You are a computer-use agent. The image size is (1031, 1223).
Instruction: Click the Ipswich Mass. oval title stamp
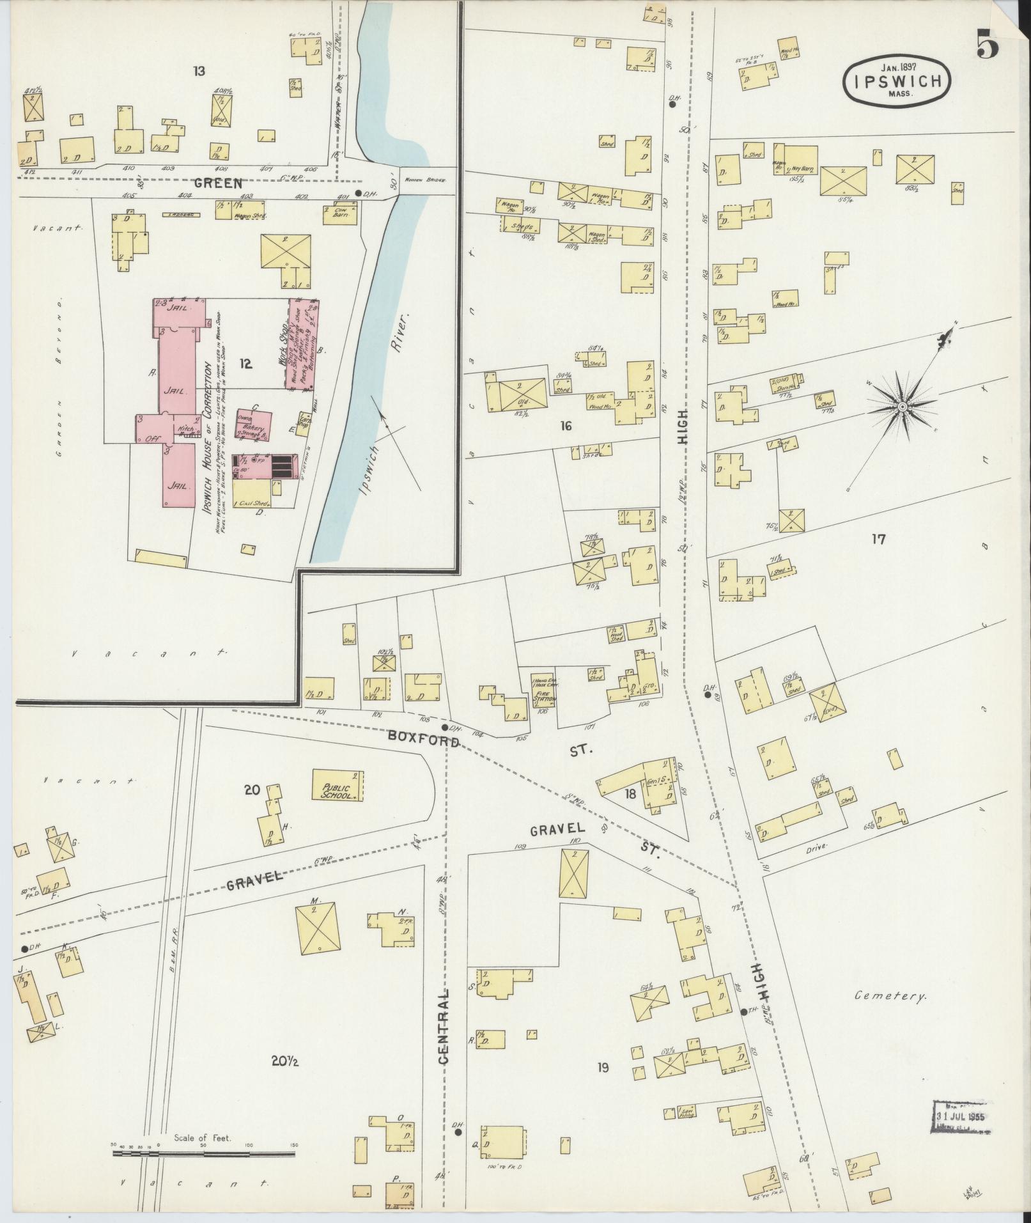click(897, 79)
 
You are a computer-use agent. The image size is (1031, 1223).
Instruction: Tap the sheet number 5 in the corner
click(987, 45)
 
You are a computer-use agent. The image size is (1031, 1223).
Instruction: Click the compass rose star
click(902, 407)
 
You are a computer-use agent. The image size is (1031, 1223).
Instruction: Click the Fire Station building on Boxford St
click(545, 690)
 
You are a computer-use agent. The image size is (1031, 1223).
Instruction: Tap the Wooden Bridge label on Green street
click(423, 180)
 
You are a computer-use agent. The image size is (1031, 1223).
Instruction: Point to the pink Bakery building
click(254, 425)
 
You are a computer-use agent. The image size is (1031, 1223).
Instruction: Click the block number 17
click(878, 539)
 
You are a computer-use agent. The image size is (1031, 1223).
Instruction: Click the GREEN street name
click(218, 183)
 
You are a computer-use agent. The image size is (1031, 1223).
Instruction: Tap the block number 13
click(199, 71)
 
